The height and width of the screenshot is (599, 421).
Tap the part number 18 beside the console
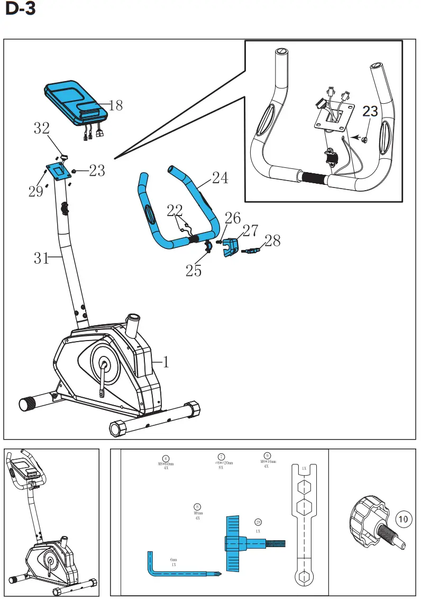tap(115, 105)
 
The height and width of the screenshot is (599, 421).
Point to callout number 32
tap(42, 128)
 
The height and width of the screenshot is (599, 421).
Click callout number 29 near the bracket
tap(36, 192)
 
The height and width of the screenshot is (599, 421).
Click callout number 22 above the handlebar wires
tap(175, 211)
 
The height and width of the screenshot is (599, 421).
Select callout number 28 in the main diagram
tap(272, 242)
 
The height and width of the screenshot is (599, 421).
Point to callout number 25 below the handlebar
tap(194, 271)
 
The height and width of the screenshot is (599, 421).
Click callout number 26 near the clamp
tap(233, 218)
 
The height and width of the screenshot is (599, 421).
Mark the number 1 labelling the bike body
tap(166, 362)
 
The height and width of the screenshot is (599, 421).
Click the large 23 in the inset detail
tap(371, 112)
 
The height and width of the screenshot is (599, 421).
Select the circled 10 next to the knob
tap(403, 519)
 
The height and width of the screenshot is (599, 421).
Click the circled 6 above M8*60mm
tap(166, 458)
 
